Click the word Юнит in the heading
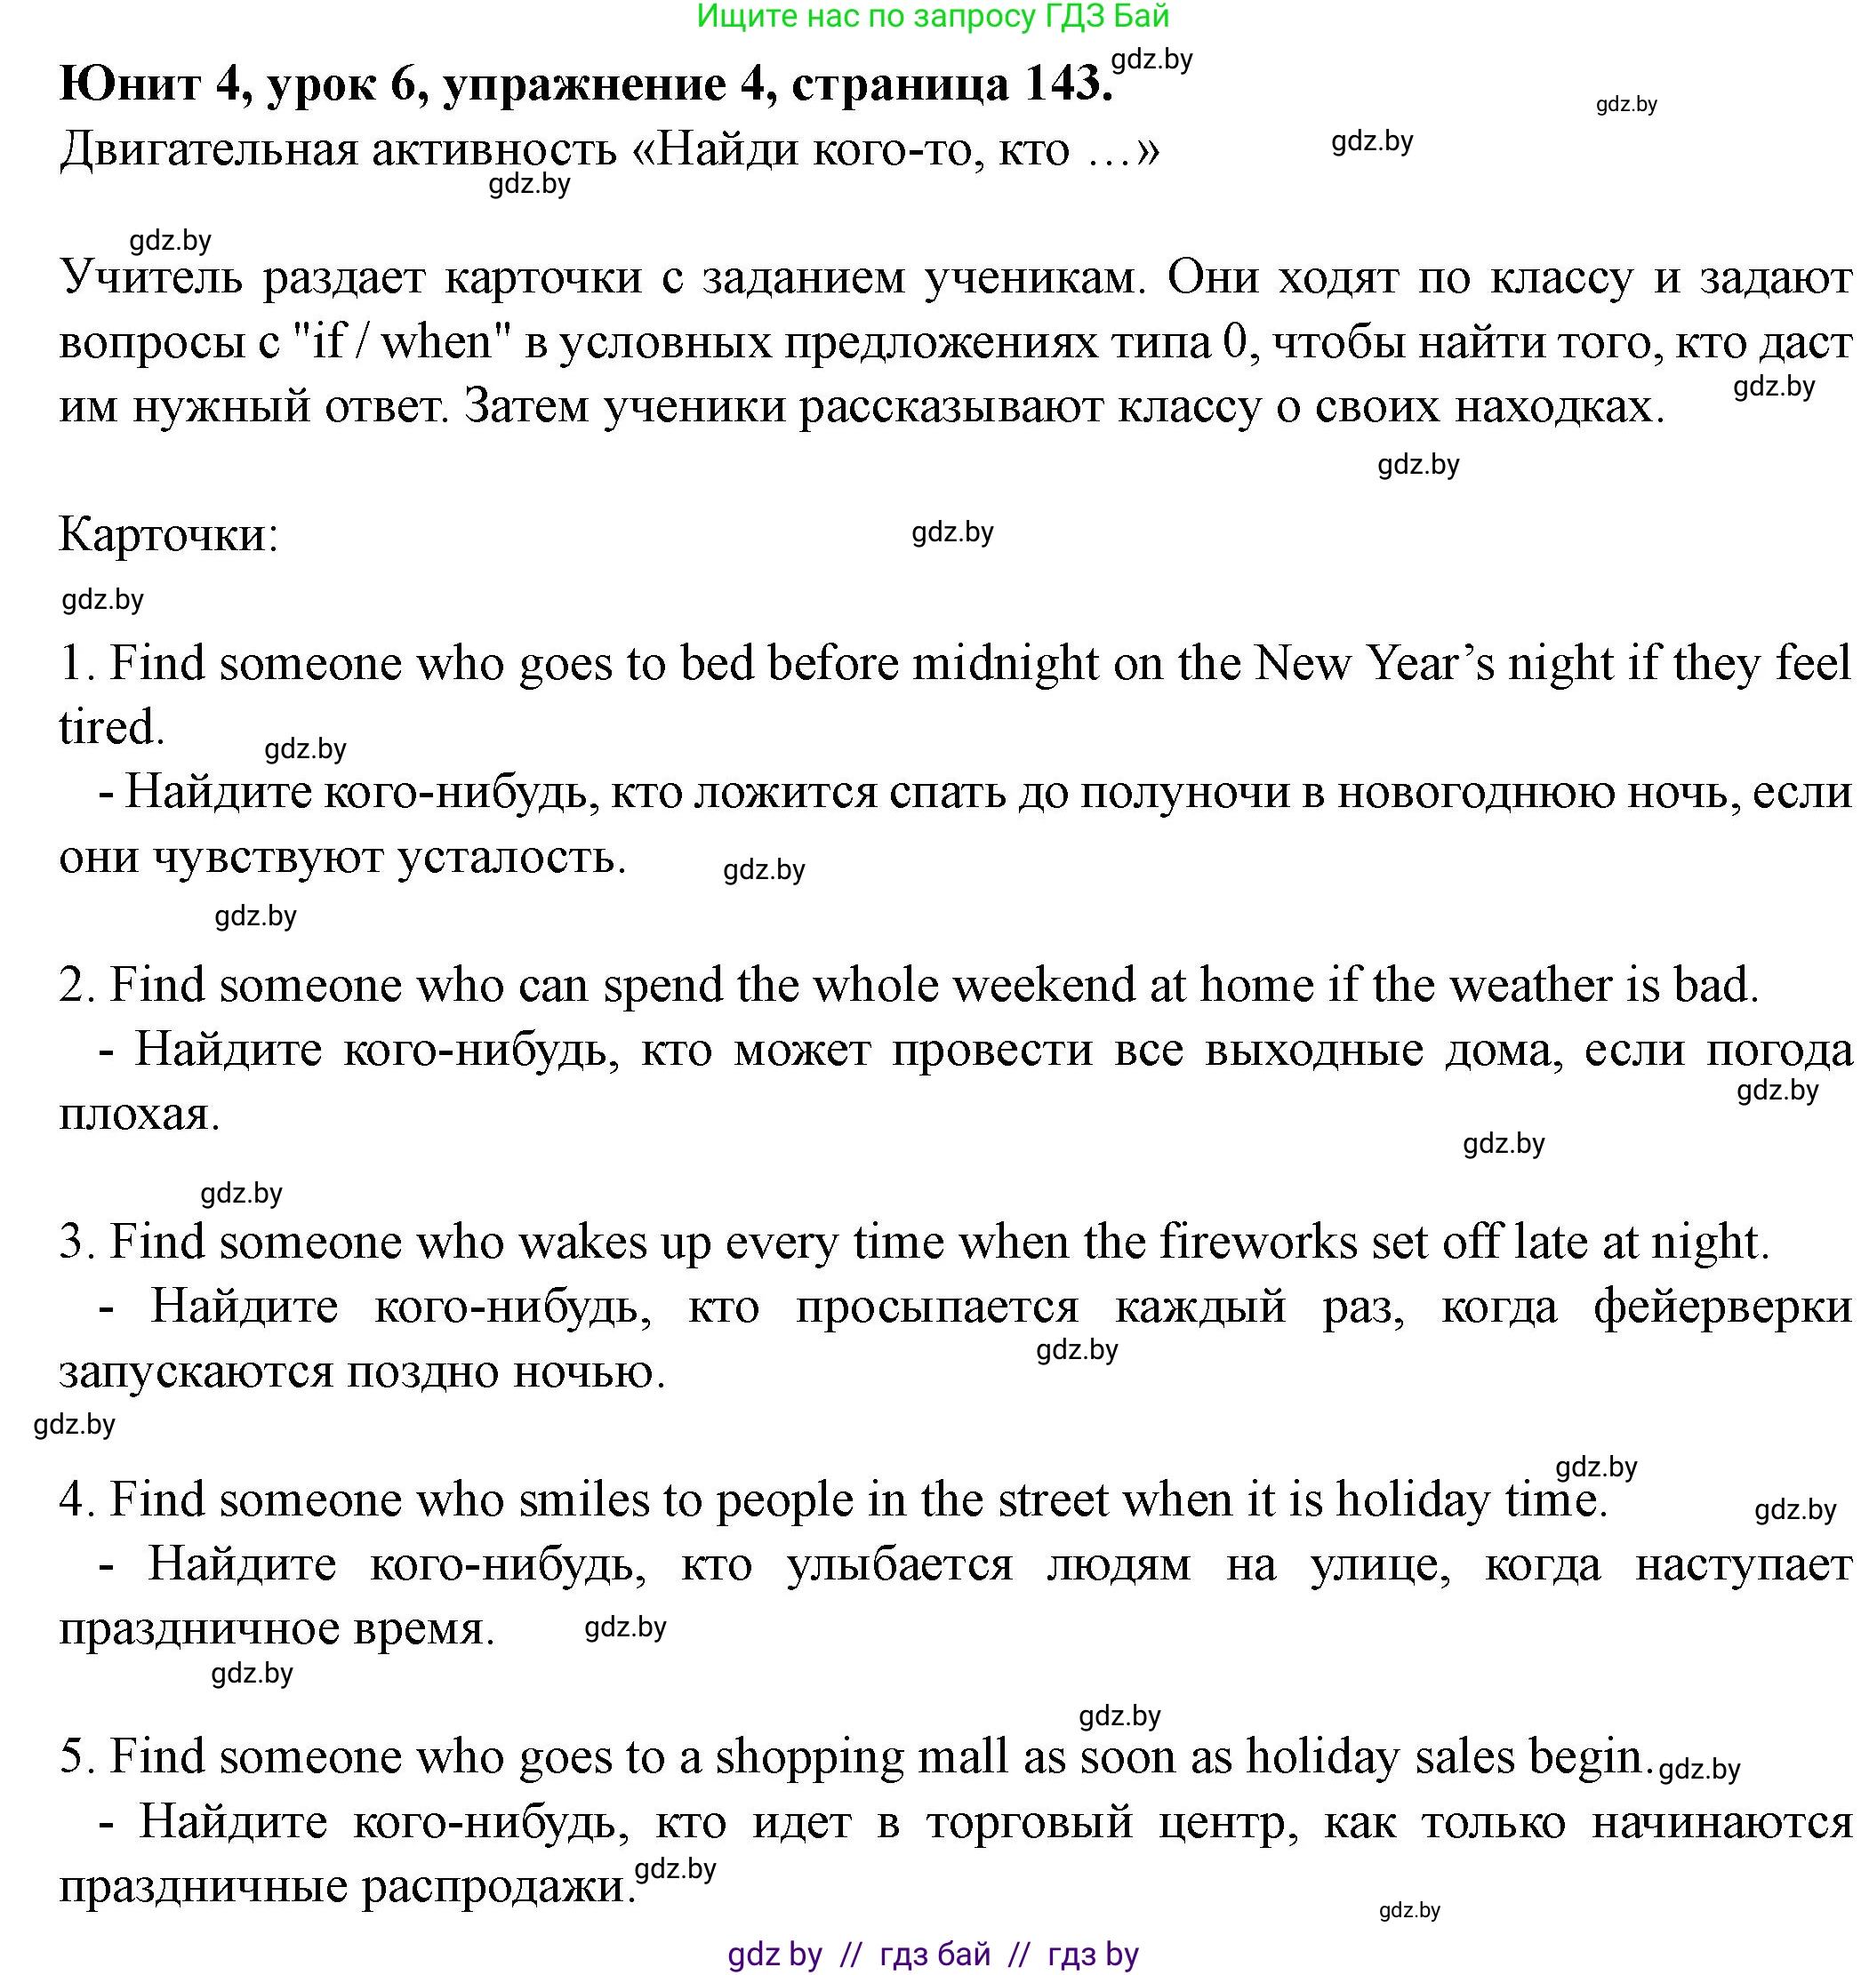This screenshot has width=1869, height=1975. pyautogui.click(x=129, y=83)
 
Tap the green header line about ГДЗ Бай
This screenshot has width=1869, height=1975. pyautogui.click(x=933, y=16)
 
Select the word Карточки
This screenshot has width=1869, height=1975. pyautogui.click(x=168, y=535)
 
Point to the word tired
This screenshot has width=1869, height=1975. pyautogui.click(x=110, y=727)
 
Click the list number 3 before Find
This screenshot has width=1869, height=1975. pyautogui.click(x=75, y=1242)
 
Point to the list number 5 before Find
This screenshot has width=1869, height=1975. pyautogui.click(x=75, y=1755)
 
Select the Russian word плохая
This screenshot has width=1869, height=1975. pyautogui.click(x=139, y=1114)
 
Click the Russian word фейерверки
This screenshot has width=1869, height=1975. pyautogui.click(x=1722, y=1307)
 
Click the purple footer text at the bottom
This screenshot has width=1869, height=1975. pyautogui.click(x=933, y=1954)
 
